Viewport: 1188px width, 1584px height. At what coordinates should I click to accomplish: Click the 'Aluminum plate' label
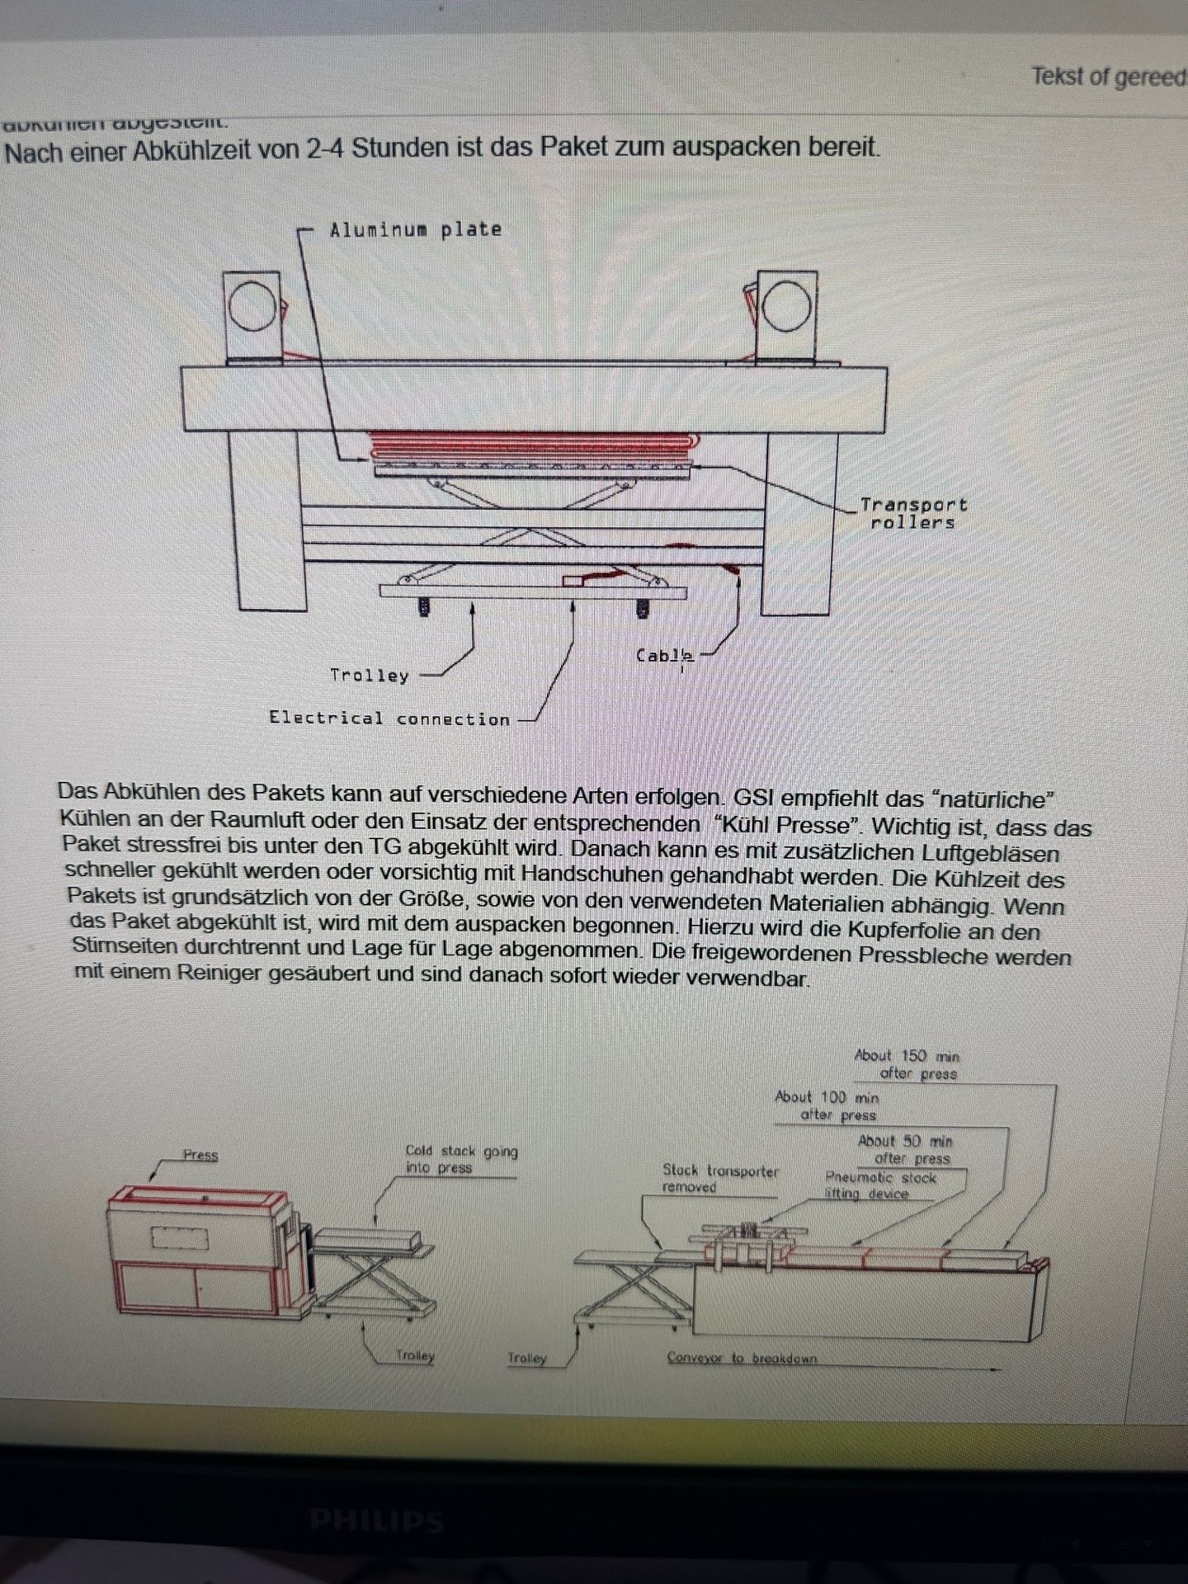415,229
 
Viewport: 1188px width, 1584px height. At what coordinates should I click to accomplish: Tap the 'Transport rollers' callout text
913,513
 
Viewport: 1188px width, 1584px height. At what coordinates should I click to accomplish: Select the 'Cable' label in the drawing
664,656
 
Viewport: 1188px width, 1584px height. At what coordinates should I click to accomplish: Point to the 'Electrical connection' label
389,719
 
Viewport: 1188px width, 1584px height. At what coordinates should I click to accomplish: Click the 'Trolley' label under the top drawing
370,676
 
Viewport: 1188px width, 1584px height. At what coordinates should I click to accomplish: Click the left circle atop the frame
252,307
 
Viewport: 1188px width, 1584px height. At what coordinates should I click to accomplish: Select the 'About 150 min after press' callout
907,1064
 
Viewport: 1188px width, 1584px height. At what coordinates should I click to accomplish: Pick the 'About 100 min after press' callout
827,1105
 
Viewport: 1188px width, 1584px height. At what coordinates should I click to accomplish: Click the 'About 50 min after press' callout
905,1149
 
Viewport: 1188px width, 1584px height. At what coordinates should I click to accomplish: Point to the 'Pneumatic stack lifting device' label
880,1186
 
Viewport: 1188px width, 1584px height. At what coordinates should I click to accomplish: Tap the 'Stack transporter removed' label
720,1178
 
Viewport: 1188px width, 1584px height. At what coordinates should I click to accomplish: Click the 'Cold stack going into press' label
460,1159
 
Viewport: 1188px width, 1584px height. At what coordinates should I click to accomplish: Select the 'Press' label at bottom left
200,1155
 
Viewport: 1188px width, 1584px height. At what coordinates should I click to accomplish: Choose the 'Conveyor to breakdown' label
742,1358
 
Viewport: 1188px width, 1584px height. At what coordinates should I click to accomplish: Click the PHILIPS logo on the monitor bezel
377,1520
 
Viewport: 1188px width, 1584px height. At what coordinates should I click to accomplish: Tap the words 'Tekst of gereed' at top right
1108,78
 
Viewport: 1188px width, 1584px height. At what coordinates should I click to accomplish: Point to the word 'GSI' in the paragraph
754,799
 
